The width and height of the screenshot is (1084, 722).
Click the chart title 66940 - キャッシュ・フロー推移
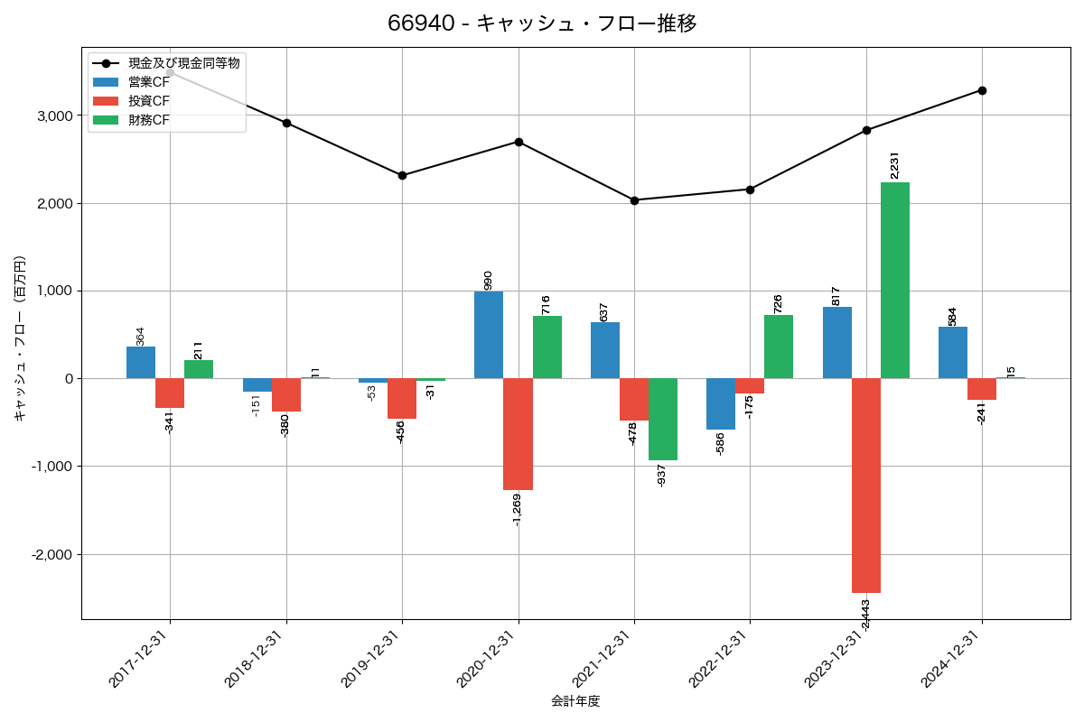542,23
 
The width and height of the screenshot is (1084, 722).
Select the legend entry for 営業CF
148,82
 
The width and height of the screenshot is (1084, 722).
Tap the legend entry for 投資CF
148,101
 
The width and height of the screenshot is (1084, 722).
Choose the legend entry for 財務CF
148,119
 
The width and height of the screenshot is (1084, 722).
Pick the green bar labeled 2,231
895,280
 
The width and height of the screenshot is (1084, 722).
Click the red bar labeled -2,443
866,485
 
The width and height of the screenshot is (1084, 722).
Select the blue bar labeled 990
489,335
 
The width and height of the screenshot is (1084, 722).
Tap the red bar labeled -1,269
518,434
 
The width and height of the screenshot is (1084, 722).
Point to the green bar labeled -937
663,419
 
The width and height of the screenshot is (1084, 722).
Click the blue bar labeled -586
721,403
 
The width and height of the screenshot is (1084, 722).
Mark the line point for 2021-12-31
634,200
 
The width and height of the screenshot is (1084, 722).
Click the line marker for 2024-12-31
982,90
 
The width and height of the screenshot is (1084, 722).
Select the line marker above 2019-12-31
402,175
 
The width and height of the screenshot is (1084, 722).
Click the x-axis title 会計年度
575,701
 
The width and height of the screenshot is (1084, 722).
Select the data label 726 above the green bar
778,303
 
